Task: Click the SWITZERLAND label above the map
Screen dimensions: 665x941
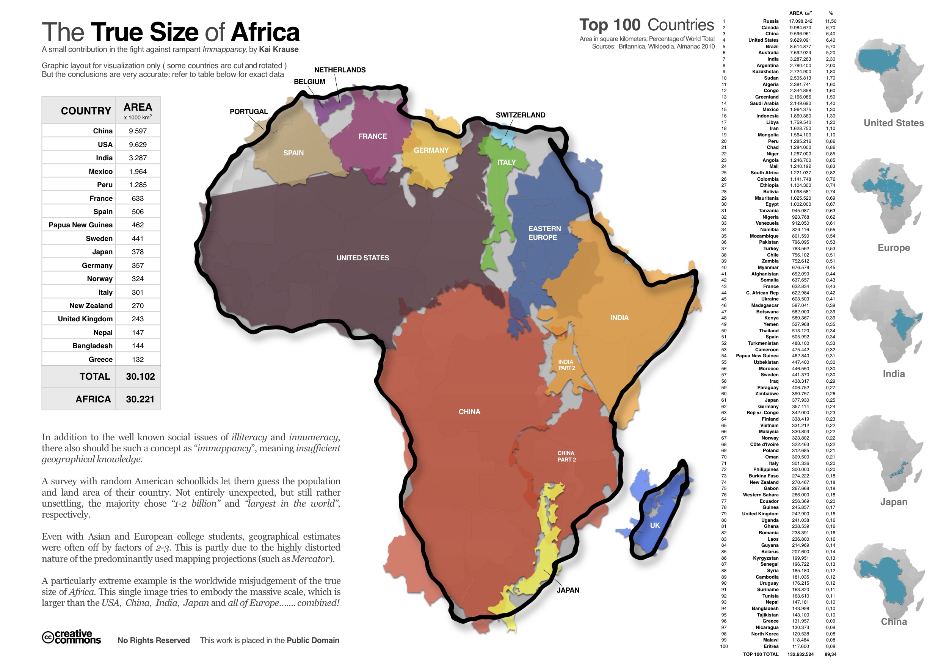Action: click(x=520, y=115)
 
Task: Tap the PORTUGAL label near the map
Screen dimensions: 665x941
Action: click(x=248, y=111)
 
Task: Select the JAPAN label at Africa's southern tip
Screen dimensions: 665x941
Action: click(x=568, y=590)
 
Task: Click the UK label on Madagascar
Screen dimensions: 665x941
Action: click(x=654, y=525)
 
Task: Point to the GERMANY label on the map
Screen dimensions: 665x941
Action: click(x=431, y=150)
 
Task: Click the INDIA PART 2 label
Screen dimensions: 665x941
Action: click(x=566, y=365)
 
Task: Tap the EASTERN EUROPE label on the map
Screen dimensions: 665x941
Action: click(x=544, y=233)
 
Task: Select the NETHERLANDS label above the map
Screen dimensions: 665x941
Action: click(x=340, y=70)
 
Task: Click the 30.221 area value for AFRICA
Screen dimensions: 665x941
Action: click(x=140, y=399)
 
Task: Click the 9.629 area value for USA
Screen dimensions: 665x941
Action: click(x=138, y=145)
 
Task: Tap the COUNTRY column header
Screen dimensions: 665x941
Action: click(x=86, y=111)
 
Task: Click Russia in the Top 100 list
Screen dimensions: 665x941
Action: click(x=770, y=21)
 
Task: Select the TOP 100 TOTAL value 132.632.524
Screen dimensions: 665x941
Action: click(x=800, y=654)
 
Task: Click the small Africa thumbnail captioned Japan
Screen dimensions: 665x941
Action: click(x=887, y=455)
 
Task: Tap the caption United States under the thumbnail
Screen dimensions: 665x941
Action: click(x=894, y=123)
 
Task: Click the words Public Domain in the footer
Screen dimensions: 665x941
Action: click(x=313, y=640)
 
